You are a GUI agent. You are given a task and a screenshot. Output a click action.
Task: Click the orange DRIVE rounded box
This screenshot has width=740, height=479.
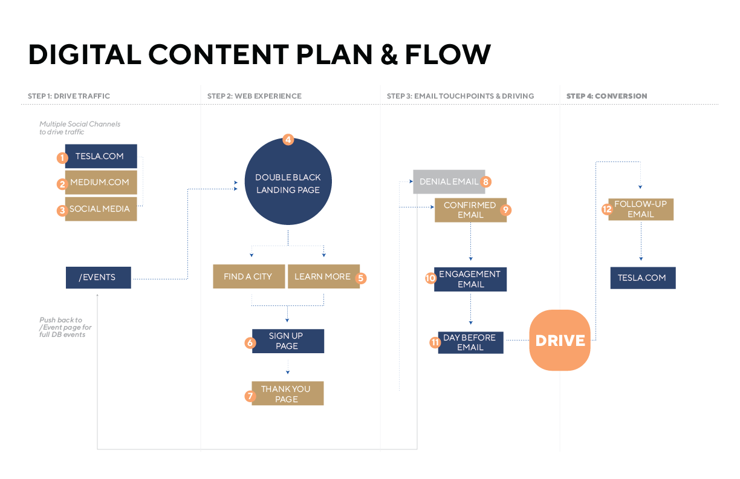[x=559, y=341]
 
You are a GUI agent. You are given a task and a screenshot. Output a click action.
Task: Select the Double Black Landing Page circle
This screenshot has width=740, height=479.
[x=288, y=182]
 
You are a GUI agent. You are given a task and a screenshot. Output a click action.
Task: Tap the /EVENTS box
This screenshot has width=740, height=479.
[x=98, y=278]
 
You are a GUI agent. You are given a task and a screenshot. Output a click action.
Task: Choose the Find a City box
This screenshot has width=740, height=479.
[x=248, y=276]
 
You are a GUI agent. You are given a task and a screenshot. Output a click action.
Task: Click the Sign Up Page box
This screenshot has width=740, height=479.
[x=288, y=341]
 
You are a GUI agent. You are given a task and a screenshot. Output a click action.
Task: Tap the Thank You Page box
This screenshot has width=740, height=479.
[x=287, y=394]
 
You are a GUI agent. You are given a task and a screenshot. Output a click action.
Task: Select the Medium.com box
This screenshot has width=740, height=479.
[x=100, y=182]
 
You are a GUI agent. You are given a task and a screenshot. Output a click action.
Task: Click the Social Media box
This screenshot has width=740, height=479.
[x=100, y=209]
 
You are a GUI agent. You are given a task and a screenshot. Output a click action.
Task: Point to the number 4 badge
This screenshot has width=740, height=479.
[x=288, y=140]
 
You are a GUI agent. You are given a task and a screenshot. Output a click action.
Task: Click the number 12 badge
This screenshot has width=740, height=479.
[x=607, y=209]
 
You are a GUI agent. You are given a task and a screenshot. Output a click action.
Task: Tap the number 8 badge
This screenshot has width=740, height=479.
[x=486, y=181]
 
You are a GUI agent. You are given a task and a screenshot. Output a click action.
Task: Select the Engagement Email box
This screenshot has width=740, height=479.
[x=470, y=279]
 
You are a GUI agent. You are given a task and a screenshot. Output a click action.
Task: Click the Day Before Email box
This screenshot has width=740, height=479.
[x=470, y=342]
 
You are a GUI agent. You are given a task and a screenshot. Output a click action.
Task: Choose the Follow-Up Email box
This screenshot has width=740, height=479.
[x=641, y=209]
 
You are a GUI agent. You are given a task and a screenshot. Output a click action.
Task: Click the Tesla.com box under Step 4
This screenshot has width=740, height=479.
[x=642, y=278]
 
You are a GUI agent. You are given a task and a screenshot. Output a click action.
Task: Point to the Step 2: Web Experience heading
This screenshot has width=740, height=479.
[x=255, y=96]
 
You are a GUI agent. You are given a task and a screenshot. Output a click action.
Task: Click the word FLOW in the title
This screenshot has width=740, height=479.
[x=447, y=54]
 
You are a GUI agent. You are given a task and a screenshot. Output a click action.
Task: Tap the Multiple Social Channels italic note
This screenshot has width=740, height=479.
[x=80, y=128]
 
